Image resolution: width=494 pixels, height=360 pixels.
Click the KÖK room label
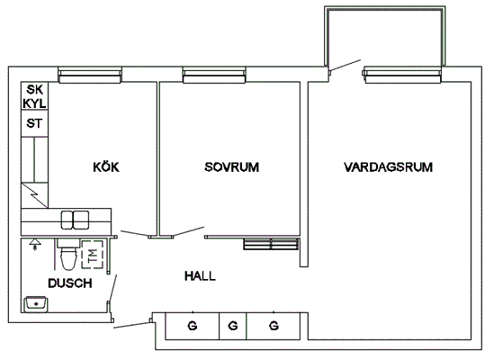[x=106, y=166]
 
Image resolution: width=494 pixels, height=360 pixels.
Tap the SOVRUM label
[x=232, y=167]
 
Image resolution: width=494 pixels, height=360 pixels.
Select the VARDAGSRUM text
[x=388, y=167]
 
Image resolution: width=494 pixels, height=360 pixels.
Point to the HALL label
[x=200, y=276]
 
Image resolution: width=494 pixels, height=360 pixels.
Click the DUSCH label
[x=70, y=283]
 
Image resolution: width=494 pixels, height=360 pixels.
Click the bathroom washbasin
[x=36, y=304]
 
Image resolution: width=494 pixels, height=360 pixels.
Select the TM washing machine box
[x=93, y=255]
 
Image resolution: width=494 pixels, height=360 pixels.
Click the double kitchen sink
[x=75, y=220]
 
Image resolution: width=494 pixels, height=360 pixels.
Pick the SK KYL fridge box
[x=35, y=95]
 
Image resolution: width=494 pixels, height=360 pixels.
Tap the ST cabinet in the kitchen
[x=35, y=123]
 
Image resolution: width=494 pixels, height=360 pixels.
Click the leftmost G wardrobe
[x=193, y=326]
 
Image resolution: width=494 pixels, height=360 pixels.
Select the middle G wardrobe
[x=233, y=326]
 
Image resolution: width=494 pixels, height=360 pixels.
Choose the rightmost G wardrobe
[x=274, y=326]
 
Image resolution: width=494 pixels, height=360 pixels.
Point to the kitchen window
[x=90, y=75]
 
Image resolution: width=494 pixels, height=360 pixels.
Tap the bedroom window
[x=214, y=75]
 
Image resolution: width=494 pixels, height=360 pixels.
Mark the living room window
[x=402, y=75]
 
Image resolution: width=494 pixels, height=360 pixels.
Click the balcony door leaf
[x=345, y=66]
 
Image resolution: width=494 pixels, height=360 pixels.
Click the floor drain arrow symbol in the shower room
[x=35, y=244]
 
